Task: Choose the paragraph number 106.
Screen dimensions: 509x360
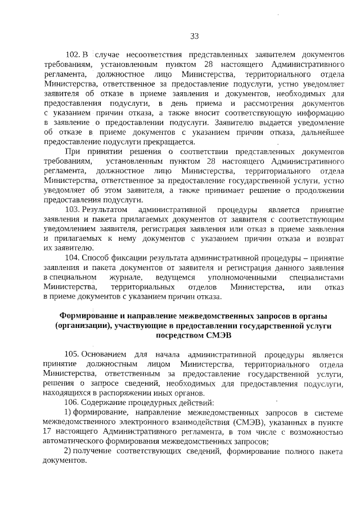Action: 73,403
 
